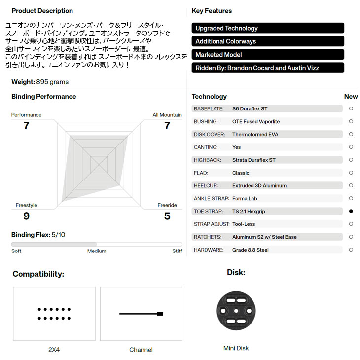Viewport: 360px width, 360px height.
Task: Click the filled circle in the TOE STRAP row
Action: coord(351,211)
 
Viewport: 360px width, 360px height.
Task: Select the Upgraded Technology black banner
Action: coord(268,28)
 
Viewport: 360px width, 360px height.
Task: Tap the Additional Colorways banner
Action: coord(268,41)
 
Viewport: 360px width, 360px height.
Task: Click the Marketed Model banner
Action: coord(268,55)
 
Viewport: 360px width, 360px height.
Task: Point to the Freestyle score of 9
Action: coord(26,216)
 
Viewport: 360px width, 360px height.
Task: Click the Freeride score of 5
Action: coord(167,216)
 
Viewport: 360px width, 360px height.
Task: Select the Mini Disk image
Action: coord(236,310)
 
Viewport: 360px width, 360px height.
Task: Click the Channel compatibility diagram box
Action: coord(141,314)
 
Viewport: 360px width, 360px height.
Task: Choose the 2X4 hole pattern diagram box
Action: coord(54,314)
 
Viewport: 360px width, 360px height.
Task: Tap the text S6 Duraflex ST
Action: coord(250,108)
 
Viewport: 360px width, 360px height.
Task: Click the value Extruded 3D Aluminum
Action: coord(259,185)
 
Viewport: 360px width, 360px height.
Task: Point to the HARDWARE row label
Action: coord(209,250)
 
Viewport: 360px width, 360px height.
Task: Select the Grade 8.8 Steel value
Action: coord(251,250)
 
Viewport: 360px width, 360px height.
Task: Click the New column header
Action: coord(351,97)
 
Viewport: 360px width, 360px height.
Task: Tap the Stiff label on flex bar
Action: coord(177,251)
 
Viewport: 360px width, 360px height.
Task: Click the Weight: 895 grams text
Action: coord(40,82)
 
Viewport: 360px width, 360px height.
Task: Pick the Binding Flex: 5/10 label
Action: coord(38,235)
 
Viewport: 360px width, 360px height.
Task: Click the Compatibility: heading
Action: coord(38,274)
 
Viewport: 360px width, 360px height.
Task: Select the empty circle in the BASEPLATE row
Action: coord(351,108)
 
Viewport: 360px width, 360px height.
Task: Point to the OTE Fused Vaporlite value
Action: coord(256,121)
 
